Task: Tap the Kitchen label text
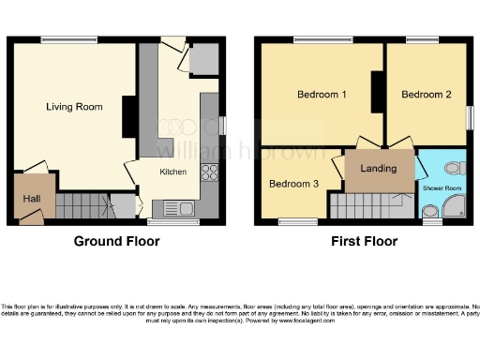[x=172, y=172]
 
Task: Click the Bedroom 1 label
[x=322, y=95]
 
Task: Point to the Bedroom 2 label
[x=427, y=95]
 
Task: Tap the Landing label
[x=379, y=169]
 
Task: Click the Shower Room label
[x=442, y=188]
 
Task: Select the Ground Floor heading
[x=116, y=242]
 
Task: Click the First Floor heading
[x=364, y=242]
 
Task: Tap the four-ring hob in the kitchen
[x=210, y=172]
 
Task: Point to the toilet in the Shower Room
[x=455, y=169]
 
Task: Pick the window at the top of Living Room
[x=68, y=39]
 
